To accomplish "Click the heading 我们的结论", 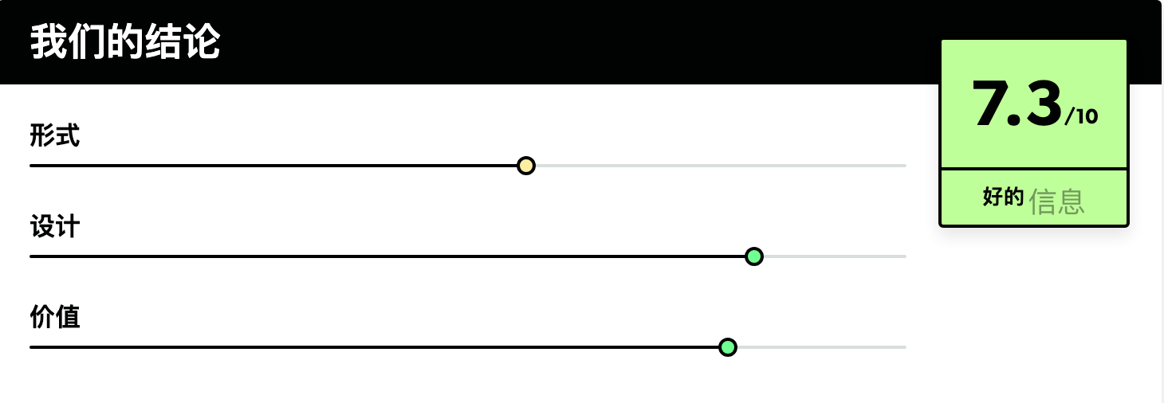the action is click(x=125, y=41).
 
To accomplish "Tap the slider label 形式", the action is click(x=54, y=135).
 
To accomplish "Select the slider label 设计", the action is click(x=54, y=226).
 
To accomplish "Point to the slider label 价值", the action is click(x=54, y=317).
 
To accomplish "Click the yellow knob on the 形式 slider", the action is click(x=526, y=166).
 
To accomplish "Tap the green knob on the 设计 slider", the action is click(x=754, y=256).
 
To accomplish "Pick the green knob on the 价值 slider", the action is click(x=727, y=347).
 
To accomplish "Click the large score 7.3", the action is click(x=1017, y=104).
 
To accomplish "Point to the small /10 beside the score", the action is click(x=1081, y=116).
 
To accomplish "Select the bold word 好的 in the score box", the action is click(x=1003, y=197).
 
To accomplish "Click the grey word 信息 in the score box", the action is click(x=1056, y=201).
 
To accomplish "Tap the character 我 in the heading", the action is click(x=49, y=41).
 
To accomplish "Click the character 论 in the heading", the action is click(x=202, y=41).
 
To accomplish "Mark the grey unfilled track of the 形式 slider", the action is click(x=721, y=166).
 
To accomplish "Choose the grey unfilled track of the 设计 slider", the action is click(x=835, y=256).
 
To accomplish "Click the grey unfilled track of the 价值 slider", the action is click(x=821, y=347).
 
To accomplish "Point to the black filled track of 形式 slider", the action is click(x=273, y=166).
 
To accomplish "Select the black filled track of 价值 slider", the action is click(x=374, y=347).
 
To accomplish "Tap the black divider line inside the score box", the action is click(x=1034, y=168).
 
